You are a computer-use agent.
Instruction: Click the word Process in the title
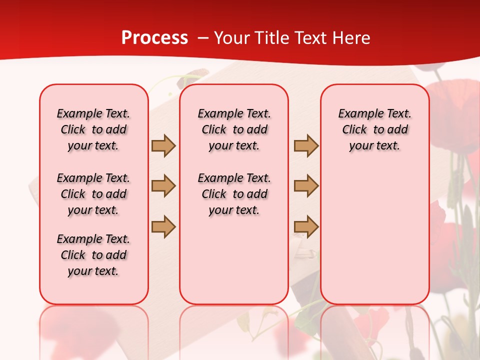[x=154, y=38]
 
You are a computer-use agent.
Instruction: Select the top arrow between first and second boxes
[x=163, y=145]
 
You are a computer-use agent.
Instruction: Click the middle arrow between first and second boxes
[x=163, y=186]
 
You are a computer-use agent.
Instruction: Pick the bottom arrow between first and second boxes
[x=163, y=226]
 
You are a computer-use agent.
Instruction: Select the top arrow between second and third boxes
[x=306, y=145]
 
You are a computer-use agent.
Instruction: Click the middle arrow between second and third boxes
[x=306, y=186]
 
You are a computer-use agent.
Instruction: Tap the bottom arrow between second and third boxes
[x=306, y=226]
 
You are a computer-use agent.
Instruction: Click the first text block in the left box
[x=93, y=129]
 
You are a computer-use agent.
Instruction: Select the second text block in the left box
[x=93, y=194]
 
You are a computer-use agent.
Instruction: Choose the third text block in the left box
[x=93, y=255]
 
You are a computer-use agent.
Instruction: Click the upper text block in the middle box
[x=234, y=129]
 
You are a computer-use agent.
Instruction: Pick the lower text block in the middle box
[x=234, y=194]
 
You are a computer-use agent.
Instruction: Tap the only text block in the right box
[x=374, y=129]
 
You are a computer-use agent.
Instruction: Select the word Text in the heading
[x=308, y=38]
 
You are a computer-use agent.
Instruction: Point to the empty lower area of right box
[x=374, y=235]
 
